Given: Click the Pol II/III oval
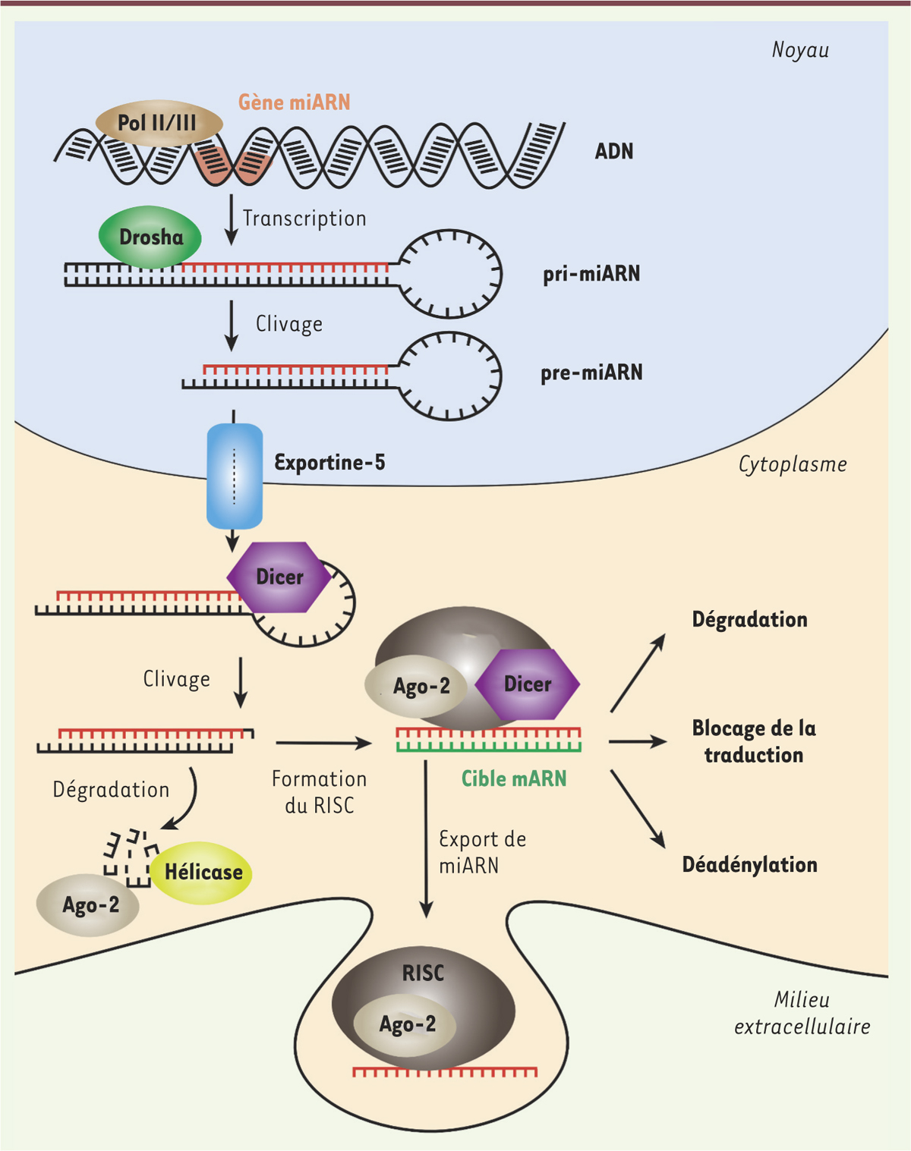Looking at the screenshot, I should pos(158,123).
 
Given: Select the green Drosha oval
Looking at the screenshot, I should pos(150,237).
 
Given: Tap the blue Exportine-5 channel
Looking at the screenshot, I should pos(235,476).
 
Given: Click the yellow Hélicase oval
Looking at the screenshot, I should pos(202,873).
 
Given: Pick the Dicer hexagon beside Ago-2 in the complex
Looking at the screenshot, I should pos(528,684).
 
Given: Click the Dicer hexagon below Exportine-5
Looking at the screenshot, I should pos(279,577).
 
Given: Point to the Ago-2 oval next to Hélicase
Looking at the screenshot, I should pos(89,905).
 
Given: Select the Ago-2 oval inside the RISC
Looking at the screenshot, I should pos(406,1024).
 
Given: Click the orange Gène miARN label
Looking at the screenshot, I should pos(295,102).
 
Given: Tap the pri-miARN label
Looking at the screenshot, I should pos(591,274).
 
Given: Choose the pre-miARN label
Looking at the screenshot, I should pos(591,373).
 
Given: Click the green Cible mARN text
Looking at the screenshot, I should pos(514,778).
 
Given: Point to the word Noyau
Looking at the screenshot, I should pos(800,50).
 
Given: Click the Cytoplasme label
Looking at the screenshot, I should pos(793,464).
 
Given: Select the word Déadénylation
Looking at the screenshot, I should pos(749,865).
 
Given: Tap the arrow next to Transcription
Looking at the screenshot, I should pos(232,219).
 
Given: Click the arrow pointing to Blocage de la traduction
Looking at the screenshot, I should pos(637,741).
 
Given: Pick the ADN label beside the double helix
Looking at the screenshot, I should pos(613,152).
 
